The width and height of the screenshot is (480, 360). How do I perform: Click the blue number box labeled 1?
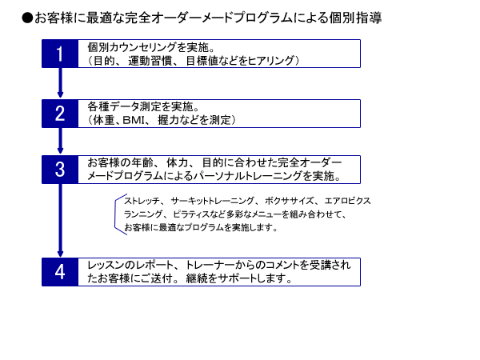tap(60, 54)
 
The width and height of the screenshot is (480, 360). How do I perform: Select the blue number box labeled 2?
tap(60, 114)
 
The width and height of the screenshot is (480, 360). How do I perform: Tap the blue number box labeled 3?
tap(60, 170)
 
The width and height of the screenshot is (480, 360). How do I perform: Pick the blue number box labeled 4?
tap(60, 272)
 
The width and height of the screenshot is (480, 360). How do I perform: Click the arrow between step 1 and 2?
tap(60, 82)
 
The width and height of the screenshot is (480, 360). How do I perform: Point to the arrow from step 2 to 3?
tap(60, 141)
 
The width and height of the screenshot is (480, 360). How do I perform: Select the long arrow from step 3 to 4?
tap(60, 221)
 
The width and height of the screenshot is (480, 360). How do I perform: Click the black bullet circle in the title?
tap(27, 18)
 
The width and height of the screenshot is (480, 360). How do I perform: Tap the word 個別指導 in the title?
tap(355, 18)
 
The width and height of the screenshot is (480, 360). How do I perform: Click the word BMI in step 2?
tap(134, 120)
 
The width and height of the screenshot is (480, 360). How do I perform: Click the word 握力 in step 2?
tap(168, 120)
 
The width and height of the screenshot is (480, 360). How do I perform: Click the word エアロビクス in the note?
tap(347, 201)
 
